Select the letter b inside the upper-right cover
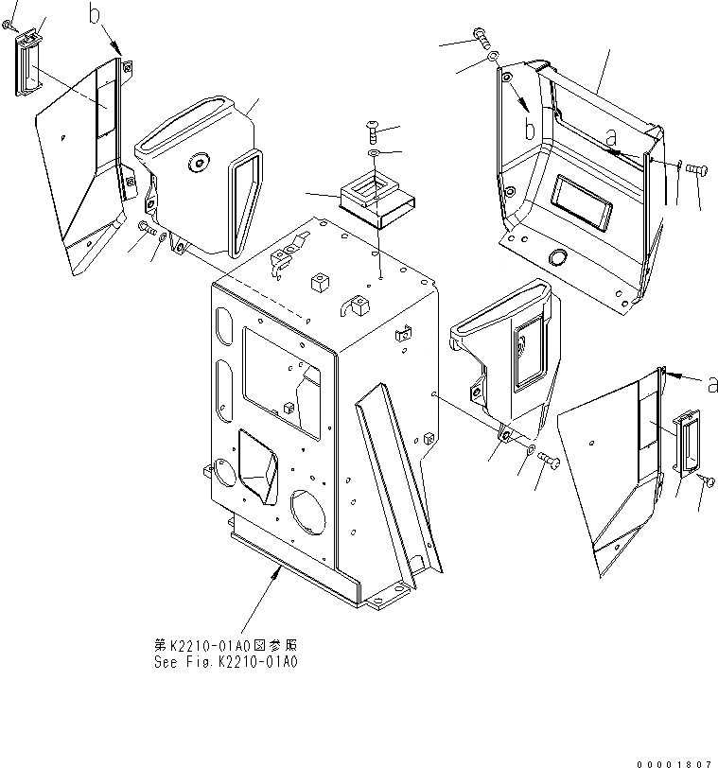click(x=532, y=127)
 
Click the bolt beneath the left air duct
click(x=147, y=226)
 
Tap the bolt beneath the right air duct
click(x=550, y=461)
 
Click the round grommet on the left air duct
click(x=199, y=164)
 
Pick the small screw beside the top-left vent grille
click(x=10, y=29)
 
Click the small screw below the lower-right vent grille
click(x=707, y=482)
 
